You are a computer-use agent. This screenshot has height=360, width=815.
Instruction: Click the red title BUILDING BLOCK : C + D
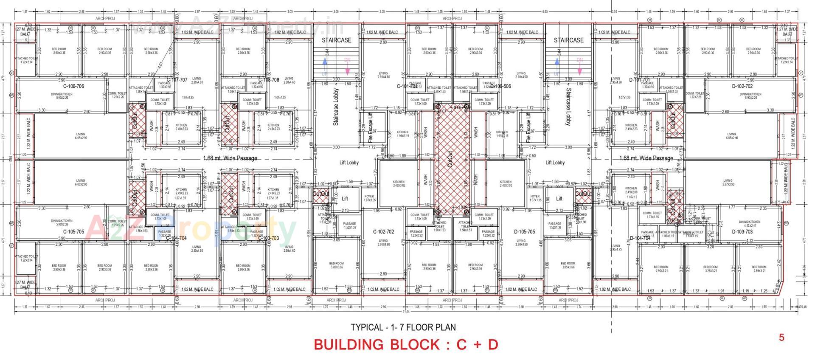point(405,345)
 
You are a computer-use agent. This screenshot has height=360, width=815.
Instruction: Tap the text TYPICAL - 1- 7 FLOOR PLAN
point(403,327)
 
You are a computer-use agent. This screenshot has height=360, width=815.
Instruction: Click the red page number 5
point(781,337)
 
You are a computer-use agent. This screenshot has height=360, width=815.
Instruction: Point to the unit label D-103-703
point(742,232)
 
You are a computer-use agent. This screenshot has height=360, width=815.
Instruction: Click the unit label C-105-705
point(73,232)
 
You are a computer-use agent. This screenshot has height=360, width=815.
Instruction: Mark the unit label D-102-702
point(742,86)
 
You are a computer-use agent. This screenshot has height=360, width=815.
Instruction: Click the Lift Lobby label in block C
point(349,163)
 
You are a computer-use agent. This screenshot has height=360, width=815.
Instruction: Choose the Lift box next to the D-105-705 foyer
point(559,199)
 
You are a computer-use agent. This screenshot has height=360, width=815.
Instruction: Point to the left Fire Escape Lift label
point(370,128)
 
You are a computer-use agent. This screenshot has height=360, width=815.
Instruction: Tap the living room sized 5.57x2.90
point(728,182)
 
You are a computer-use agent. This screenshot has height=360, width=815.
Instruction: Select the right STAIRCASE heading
point(568,40)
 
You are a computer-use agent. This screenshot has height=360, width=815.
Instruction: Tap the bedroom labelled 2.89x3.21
point(759,269)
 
